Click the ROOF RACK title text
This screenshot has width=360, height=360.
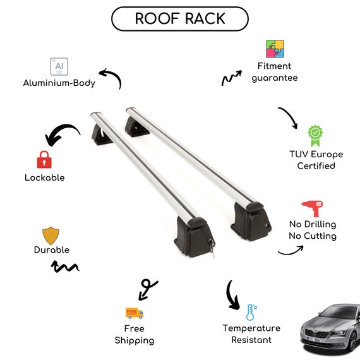180,18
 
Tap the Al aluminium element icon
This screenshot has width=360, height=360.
59,66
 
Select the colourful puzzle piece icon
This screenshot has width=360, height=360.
275,49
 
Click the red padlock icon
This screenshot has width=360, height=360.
44,160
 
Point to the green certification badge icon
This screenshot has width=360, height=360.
315,136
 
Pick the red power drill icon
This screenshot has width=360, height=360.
313,208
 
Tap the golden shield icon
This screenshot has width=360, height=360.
51,236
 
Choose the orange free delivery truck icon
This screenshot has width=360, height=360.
135,313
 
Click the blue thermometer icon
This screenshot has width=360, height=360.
251,312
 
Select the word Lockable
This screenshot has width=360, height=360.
45,177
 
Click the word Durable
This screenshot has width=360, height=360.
52,250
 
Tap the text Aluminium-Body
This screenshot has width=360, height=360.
59,83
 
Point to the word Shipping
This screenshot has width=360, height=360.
135,340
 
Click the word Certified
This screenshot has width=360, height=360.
316,166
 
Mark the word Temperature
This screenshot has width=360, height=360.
251,328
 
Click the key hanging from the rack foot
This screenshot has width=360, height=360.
212,248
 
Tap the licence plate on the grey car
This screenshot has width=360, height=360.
315,339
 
